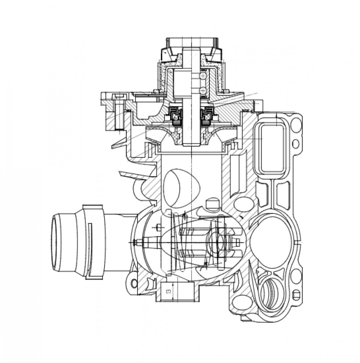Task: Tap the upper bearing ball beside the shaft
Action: tap(203, 76)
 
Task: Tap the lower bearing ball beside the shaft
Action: tap(203, 90)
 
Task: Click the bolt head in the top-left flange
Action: tap(119, 97)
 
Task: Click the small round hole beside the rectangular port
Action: tap(296, 144)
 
